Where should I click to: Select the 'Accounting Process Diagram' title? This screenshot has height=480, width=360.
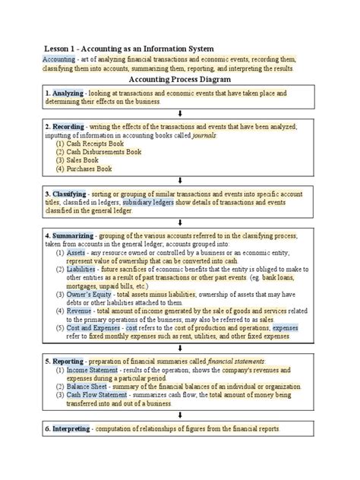click(180, 79)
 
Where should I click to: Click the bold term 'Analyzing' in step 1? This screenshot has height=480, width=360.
click(67, 93)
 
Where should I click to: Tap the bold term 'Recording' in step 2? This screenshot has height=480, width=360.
click(68, 126)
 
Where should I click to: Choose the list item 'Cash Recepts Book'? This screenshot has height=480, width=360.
click(98, 143)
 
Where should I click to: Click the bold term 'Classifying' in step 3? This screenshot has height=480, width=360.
click(69, 194)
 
